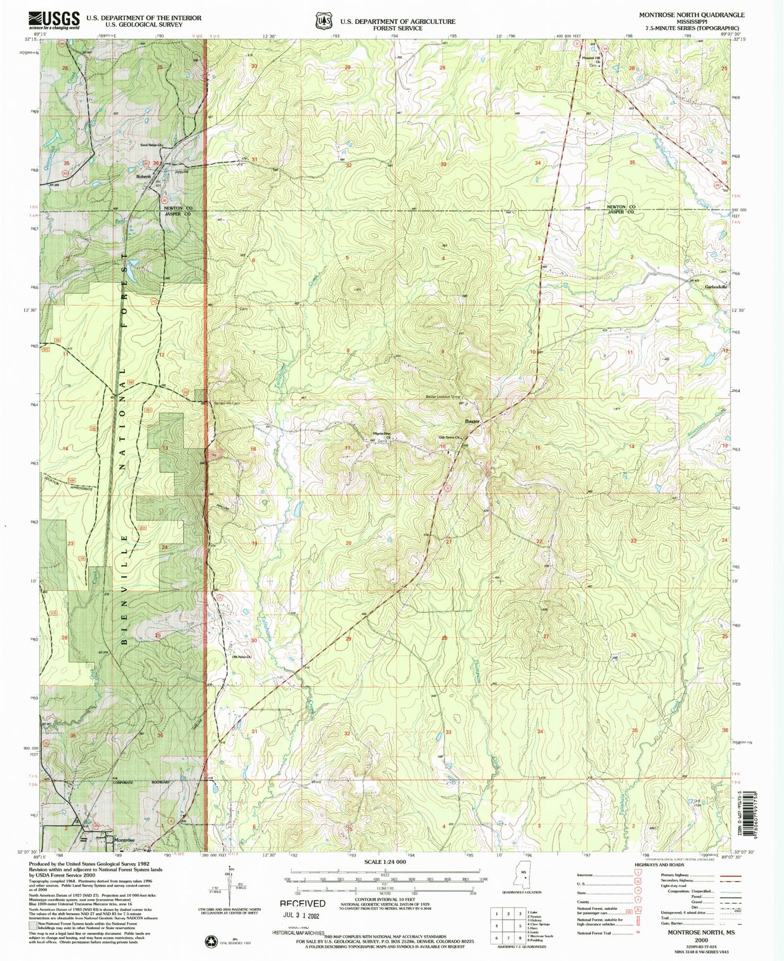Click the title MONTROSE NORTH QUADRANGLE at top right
click(x=691, y=15)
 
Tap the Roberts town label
click(x=144, y=177)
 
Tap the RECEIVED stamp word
click(x=302, y=903)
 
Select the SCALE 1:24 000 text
click(x=385, y=861)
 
